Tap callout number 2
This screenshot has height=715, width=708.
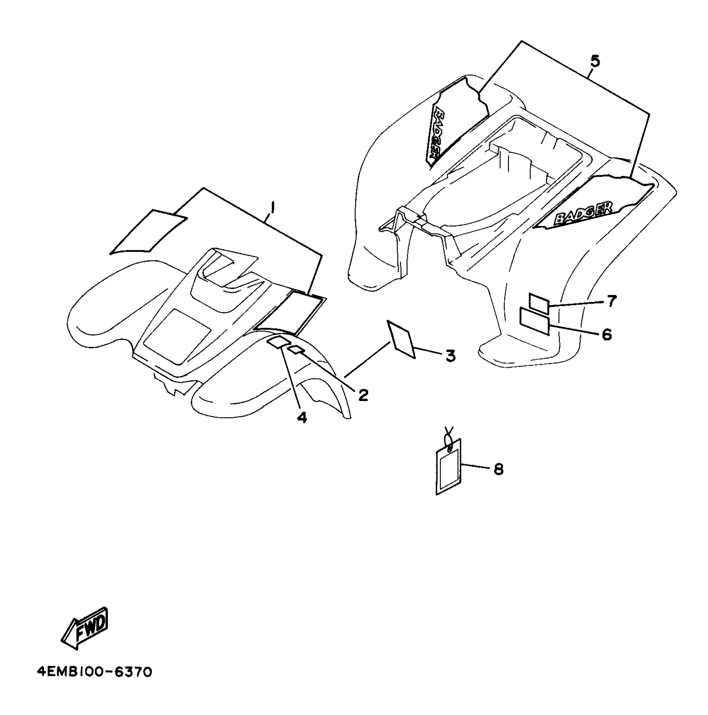(x=363, y=395)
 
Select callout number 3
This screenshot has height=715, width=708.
(x=450, y=356)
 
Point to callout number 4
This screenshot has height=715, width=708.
(x=302, y=417)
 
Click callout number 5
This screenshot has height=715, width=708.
(x=595, y=61)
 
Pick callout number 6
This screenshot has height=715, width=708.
(x=607, y=334)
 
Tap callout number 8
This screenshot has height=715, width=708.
(x=498, y=469)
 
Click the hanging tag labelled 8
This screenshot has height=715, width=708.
(x=449, y=469)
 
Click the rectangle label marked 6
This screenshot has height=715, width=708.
(x=534, y=321)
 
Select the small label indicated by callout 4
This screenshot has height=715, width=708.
(x=277, y=343)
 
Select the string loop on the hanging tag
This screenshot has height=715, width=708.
(x=449, y=439)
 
